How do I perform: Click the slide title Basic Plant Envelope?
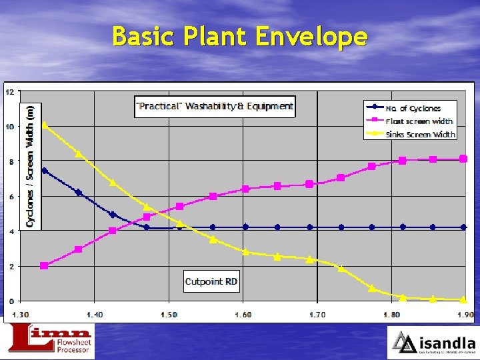239,36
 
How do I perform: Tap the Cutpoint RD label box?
211,281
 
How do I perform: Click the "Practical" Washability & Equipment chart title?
214,106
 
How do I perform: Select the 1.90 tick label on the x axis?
465,314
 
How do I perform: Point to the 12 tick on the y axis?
9,92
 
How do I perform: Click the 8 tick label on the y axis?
10,162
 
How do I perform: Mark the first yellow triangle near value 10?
44,125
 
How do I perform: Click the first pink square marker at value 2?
44,265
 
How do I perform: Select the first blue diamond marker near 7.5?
44,171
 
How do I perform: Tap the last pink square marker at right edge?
463,159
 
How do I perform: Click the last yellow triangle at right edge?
463,300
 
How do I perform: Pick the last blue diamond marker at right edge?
463,227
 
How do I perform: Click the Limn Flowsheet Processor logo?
50,341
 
